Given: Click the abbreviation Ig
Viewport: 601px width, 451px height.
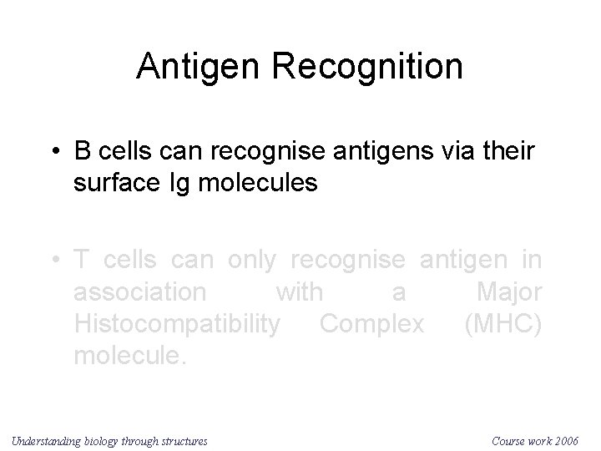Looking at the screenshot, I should click(184, 182).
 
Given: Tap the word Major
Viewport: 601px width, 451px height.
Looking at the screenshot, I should click(508, 291).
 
